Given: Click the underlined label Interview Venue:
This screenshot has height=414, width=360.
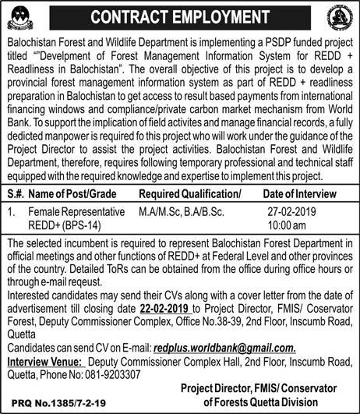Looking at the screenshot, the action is coord(44,362).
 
